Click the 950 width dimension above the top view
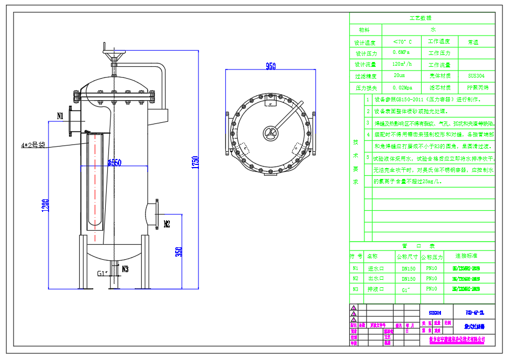tap(271, 66)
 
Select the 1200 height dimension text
tap(45, 205)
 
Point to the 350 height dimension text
tap(178, 251)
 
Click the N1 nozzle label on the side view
tap(60, 116)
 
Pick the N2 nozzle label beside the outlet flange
tap(167, 223)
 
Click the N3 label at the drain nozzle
tap(125, 268)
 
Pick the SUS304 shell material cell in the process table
tap(477, 76)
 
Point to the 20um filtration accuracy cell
tap(399, 76)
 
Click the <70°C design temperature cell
tap(402, 41)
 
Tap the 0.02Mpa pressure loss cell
tap(402, 87)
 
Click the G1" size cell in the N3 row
tap(406, 290)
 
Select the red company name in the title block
tap(457, 340)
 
